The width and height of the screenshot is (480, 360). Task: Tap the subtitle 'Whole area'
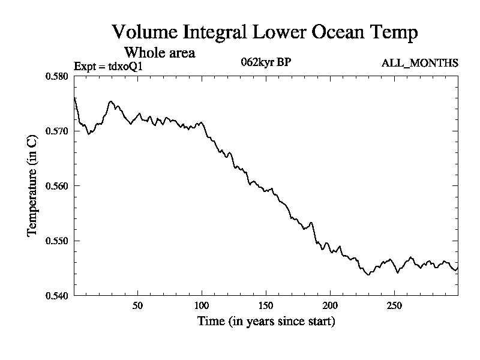(x=159, y=52)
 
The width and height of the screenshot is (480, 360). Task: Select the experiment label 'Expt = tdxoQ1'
(x=108, y=66)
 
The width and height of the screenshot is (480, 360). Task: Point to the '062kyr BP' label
(x=266, y=62)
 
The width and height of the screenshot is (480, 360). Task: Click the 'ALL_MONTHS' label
(x=420, y=63)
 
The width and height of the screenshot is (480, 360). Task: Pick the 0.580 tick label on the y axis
(x=57, y=76)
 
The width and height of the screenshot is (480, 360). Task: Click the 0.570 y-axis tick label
(x=57, y=131)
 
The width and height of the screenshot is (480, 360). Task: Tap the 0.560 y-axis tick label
(x=57, y=186)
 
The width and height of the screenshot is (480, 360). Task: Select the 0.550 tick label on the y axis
(x=57, y=241)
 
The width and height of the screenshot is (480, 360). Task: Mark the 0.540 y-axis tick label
(x=57, y=295)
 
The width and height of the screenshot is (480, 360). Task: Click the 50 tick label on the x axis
(x=138, y=305)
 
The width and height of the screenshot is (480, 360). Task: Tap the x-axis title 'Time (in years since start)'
(x=266, y=322)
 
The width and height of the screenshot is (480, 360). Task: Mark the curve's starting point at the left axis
(x=74, y=97)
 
